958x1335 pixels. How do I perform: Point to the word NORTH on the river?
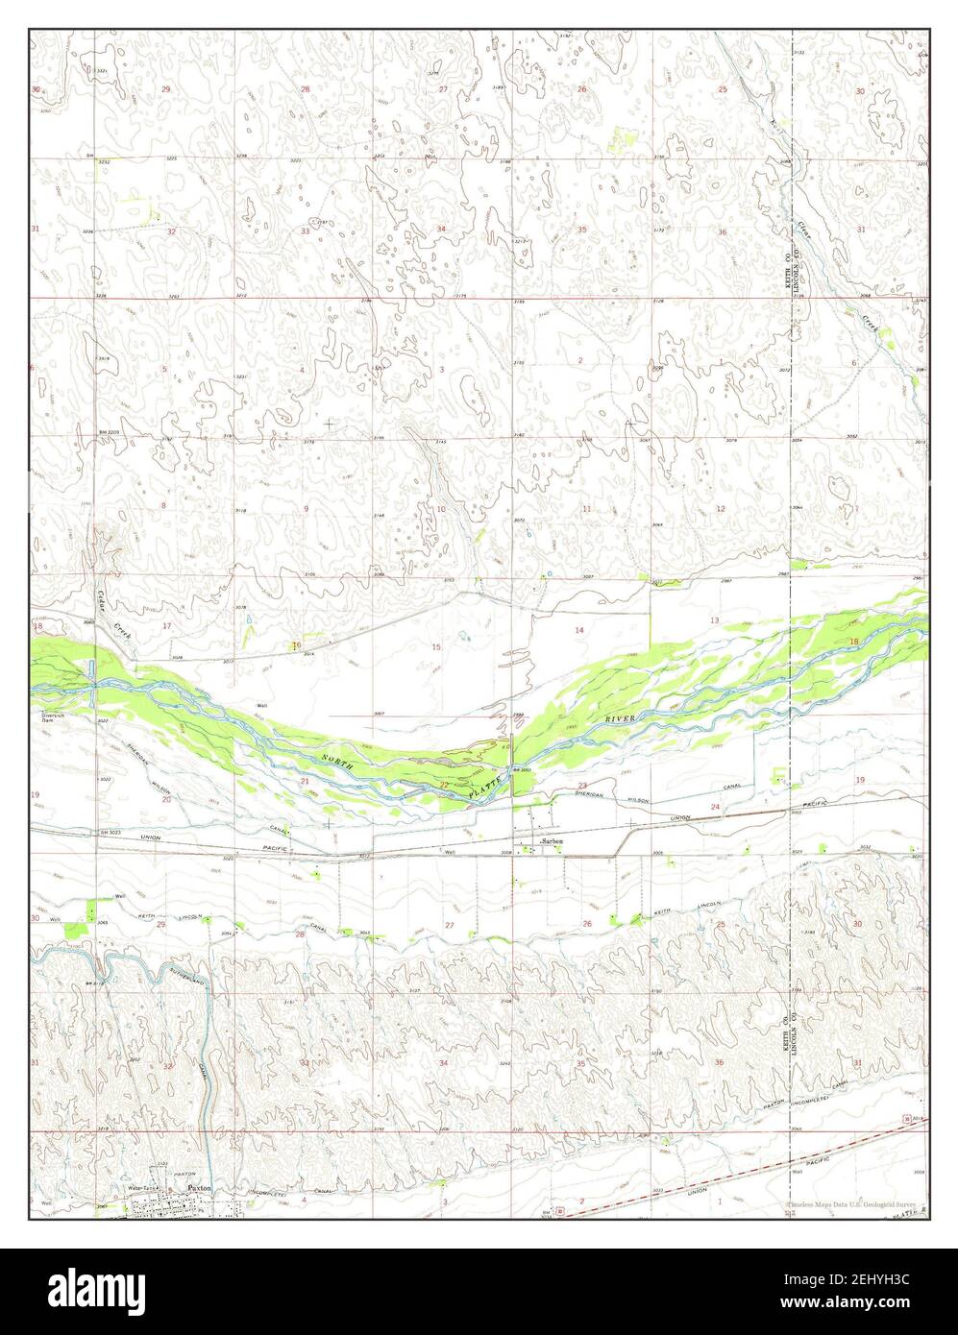[x=338, y=762]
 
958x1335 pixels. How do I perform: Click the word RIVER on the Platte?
[x=622, y=717]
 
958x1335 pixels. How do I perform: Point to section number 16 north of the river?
[x=297, y=644]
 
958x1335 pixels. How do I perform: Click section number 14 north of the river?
[x=578, y=630]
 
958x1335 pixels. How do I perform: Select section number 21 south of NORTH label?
[x=305, y=782]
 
